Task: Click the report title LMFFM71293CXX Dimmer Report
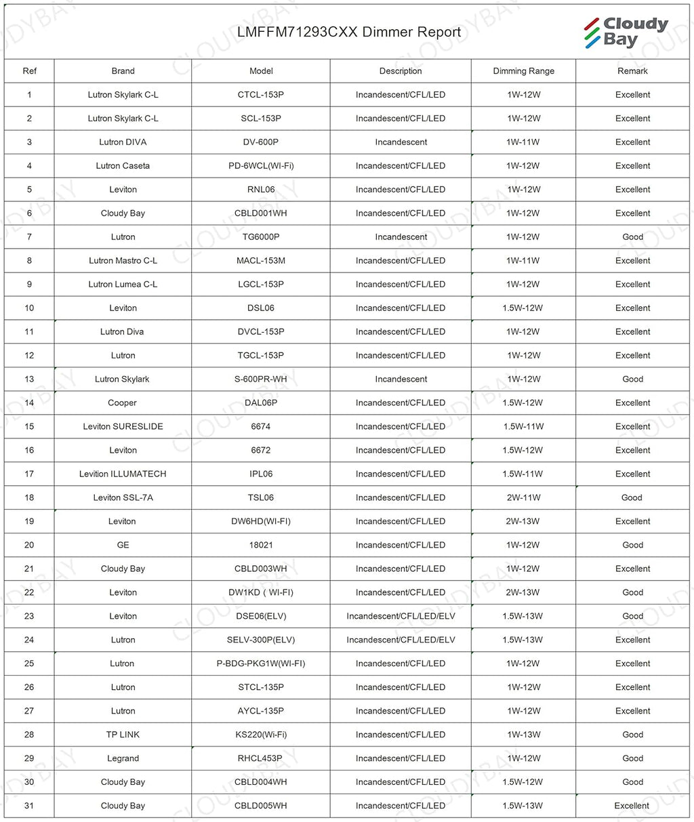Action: (349, 32)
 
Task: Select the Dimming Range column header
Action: (523, 71)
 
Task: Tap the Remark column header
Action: (632, 71)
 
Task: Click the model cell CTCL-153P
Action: (261, 95)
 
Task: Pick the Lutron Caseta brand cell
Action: (123, 166)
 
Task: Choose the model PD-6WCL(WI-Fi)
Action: (261, 166)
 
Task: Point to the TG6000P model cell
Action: (261, 237)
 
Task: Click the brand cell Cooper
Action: (123, 403)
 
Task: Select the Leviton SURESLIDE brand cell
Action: (123, 427)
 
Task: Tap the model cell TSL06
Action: (261, 498)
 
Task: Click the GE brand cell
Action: (123, 546)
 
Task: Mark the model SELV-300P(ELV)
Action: (261, 640)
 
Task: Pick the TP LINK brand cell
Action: (123, 735)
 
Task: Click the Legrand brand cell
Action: (123, 759)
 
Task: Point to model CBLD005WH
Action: (261, 806)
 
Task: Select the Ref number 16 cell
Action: (29, 451)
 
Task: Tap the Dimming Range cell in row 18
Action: (523, 498)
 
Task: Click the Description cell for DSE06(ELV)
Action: (401, 617)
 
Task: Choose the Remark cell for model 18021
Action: (632, 546)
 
